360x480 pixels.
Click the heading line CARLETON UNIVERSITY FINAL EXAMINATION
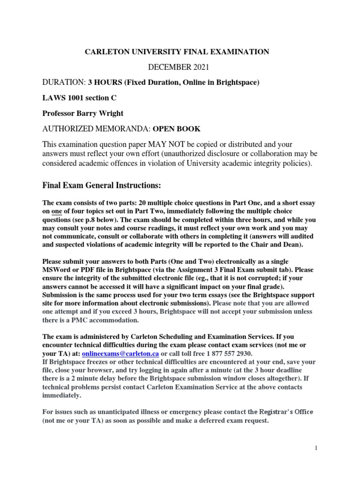(x=177, y=52)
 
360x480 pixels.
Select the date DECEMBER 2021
(x=177, y=67)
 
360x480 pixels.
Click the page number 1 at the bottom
(x=316, y=448)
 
